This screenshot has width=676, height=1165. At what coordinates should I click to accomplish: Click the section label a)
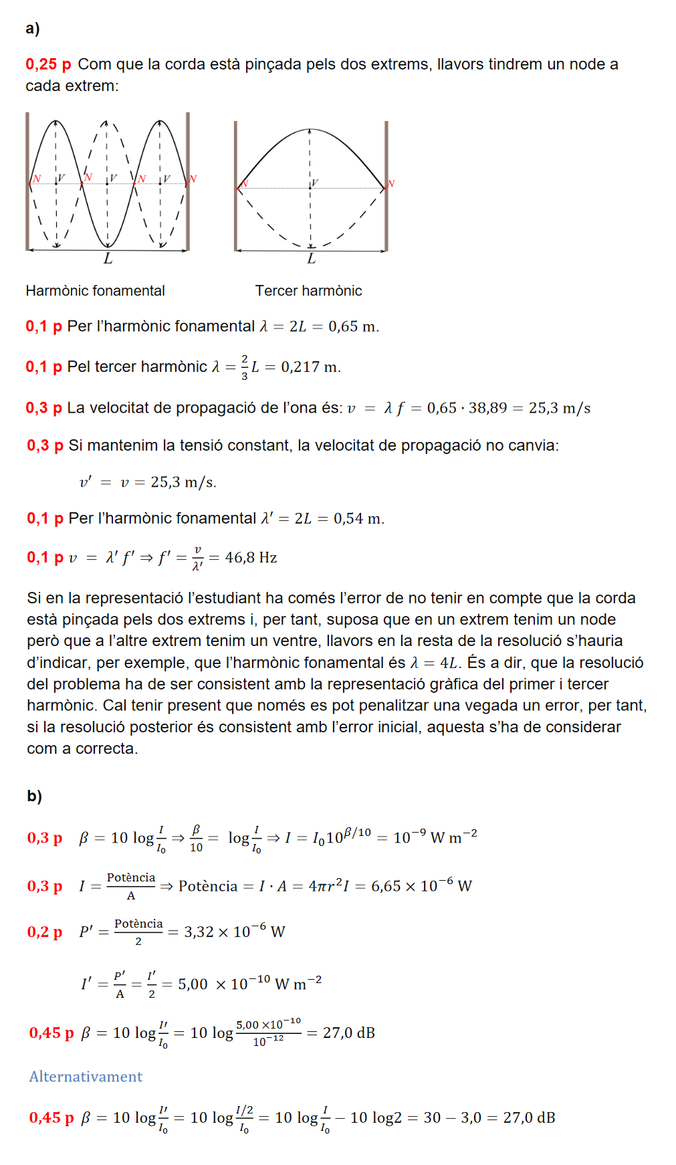(33, 29)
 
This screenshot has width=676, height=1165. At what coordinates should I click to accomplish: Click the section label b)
(34, 796)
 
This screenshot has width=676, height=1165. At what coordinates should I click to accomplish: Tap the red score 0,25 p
(48, 64)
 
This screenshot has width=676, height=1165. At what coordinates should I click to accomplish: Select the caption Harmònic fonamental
(95, 291)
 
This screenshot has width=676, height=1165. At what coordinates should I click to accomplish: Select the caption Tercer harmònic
(308, 291)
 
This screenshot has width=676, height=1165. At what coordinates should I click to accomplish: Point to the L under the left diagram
(108, 259)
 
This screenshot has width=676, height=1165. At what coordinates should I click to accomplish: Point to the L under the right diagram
(311, 259)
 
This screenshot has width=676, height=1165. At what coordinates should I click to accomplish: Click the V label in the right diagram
(315, 183)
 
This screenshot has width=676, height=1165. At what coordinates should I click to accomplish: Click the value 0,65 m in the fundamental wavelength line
(352, 327)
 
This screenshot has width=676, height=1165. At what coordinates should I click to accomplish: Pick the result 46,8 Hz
(251, 558)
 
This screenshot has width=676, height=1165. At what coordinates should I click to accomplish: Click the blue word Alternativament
(86, 1077)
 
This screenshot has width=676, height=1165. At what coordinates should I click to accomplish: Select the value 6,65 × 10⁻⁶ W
(421, 886)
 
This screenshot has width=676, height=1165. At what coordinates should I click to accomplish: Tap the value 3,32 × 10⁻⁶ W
(234, 932)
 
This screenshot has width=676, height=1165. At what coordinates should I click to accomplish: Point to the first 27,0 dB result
(348, 1033)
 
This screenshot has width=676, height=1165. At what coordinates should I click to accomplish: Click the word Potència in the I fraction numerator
(131, 877)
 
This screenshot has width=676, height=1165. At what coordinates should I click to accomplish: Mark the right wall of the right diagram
(386, 186)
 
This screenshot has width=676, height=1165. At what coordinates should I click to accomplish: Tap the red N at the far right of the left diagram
(193, 179)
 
